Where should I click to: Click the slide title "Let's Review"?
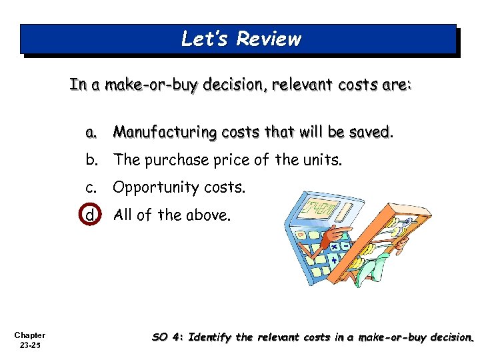(241, 39)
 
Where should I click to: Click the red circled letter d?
(90, 215)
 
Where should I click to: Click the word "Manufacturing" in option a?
(155, 133)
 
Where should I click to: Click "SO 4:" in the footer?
(168, 337)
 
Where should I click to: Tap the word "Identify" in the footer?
(212, 337)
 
